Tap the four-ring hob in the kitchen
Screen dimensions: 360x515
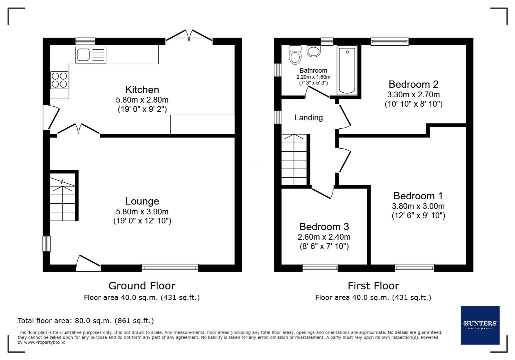[x=59, y=80]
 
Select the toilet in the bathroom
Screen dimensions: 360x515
[x=295, y=55]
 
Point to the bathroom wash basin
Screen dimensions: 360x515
[x=313, y=51]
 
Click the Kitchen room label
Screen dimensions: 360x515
[x=142, y=89]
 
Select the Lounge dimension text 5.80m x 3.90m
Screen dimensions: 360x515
[x=142, y=212]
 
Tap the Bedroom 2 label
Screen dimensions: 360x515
[x=413, y=84]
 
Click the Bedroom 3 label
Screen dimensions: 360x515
[x=324, y=227]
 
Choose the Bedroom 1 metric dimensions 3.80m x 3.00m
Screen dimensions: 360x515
[x=418, y=206]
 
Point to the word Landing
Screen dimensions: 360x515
[x=309, y=118]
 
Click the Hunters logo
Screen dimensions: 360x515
[x=480, y=325]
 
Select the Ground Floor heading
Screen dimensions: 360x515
[x=142, y=286]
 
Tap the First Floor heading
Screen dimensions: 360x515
[x=373, y=286]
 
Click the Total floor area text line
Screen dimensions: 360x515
[x=86, y=321]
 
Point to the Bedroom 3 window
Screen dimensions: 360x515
[x=320, y=268]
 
